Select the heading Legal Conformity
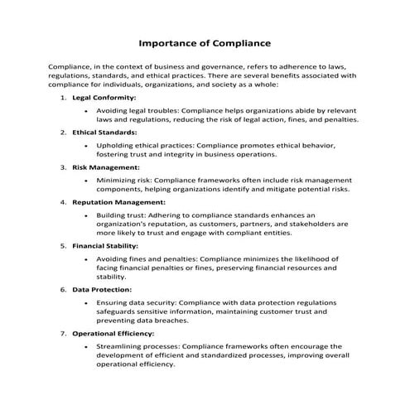[104, 97]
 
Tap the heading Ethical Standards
[104, 132]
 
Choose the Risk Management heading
[105, 166]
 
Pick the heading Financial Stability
[105, 246]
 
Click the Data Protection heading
[102, 290]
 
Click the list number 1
[64, 97]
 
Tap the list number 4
[64, 200]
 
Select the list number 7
[64, 333]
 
